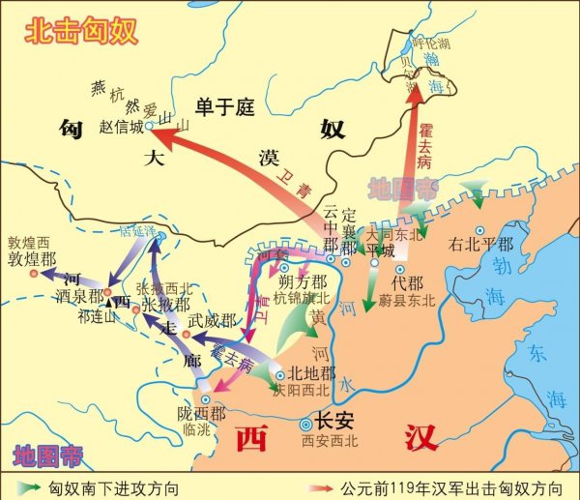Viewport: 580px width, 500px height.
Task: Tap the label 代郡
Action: (407, 283)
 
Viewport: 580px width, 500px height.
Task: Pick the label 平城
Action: (380, 250)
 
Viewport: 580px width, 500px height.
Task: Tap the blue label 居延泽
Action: (136, 232)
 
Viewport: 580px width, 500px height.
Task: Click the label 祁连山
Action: (97, 314)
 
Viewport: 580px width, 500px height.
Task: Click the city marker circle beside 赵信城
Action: (151, 126)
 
